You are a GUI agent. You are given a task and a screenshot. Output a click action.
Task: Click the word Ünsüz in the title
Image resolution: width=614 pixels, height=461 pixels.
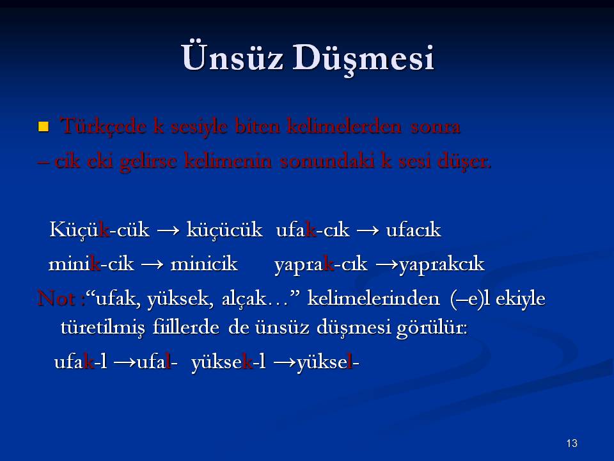point(232,57)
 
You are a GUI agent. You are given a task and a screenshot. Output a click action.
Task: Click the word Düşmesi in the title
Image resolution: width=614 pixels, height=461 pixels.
point(363,59)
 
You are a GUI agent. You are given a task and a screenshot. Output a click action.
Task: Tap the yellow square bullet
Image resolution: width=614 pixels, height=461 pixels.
point(43,127)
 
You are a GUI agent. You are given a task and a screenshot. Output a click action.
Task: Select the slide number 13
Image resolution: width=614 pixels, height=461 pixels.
point(572,443)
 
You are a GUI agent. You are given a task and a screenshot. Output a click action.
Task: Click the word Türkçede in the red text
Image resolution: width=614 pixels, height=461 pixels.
point(103,126)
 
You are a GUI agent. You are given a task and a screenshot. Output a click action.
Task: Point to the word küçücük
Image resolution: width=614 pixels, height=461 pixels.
point(224,229)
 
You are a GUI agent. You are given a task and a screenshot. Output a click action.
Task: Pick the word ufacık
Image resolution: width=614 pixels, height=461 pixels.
point(414,229)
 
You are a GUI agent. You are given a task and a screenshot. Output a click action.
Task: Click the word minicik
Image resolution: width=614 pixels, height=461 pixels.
point(204,263)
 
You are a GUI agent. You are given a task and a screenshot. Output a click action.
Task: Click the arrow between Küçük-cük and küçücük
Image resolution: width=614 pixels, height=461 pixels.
point(168,230)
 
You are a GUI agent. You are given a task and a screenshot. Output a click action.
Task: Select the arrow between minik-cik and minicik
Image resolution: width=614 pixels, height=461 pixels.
point(152,264)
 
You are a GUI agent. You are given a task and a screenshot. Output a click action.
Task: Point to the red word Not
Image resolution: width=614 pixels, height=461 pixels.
point(56,298)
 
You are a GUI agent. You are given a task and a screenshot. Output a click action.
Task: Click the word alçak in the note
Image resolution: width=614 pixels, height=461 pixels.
point(244,299)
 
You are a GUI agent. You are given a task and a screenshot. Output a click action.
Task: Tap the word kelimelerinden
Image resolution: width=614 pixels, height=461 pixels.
point(374,298)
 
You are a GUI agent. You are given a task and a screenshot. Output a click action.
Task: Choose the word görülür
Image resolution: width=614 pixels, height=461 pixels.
point(432,328)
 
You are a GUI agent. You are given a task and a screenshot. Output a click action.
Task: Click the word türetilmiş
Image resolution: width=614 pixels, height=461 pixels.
point(102,328)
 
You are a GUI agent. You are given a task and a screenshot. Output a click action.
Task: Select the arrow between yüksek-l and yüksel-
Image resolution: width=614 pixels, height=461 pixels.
point(285,362)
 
